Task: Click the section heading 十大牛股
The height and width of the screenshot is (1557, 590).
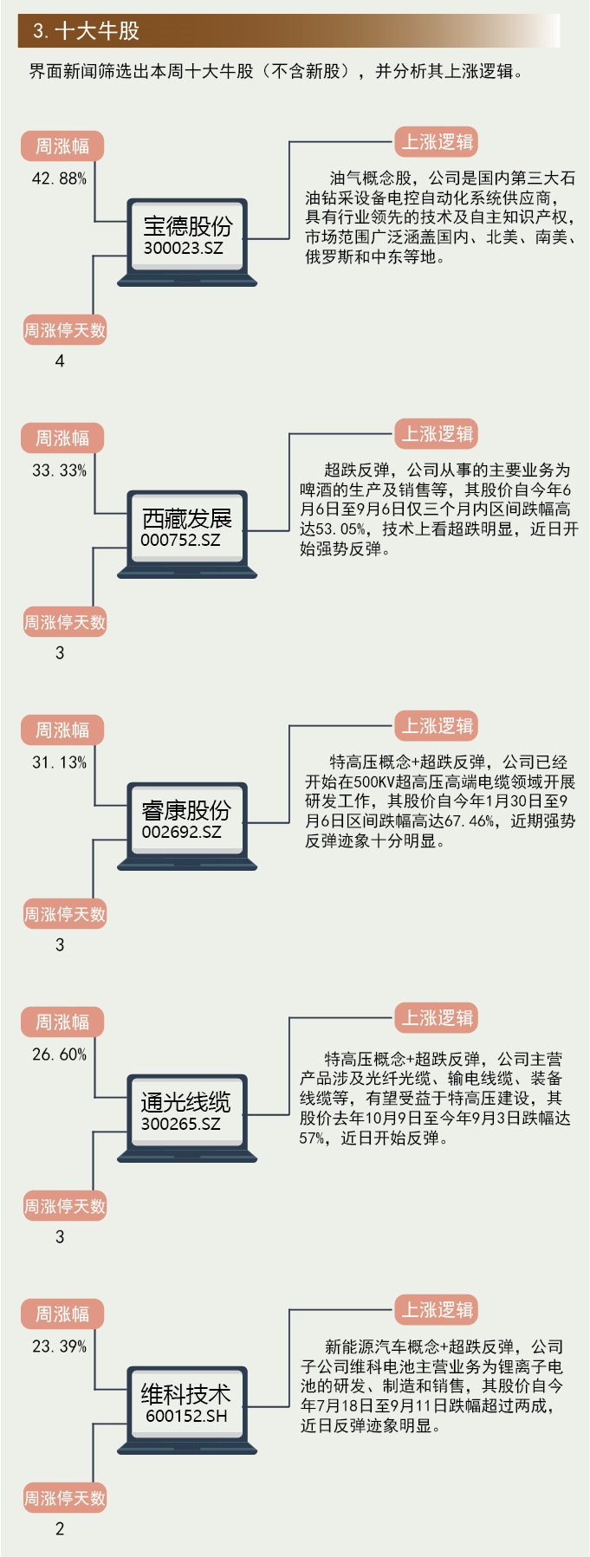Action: tap(86, 32)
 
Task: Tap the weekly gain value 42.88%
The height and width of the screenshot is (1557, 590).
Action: tap(59, 178)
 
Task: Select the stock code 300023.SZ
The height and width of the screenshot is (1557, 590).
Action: tap(184, 249)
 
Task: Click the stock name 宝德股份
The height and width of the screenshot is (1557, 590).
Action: tap(187, 226)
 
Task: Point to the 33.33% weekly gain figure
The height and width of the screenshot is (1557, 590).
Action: tap(59, 470)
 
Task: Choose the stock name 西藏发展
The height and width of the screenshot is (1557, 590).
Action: tap(187, 518)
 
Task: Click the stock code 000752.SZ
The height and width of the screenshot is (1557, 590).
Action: tap(180, 541)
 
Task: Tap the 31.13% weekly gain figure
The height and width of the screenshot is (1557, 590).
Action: tap(59, 762)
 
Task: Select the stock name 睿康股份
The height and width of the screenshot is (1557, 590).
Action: tap(186, 810)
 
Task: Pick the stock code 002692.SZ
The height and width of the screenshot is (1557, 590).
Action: tap(181, 833)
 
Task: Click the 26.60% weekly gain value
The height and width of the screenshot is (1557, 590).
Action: tap(59, 1054)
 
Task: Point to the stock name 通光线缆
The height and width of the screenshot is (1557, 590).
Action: tap(186, 1102)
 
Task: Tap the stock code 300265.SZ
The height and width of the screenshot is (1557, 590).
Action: tap(181, 1125)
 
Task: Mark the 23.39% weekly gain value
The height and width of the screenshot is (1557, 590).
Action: tap(59, 1346)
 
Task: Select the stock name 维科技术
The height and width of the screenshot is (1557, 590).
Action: tap(186, 1394)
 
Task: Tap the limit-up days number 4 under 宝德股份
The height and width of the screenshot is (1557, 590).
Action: tap(60, 360)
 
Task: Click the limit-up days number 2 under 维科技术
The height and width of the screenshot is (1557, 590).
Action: tap(60, 1529)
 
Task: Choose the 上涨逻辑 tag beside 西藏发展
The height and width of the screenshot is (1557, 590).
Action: tap(438, 434)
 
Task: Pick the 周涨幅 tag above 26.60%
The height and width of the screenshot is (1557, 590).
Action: tap(62, 1022)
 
